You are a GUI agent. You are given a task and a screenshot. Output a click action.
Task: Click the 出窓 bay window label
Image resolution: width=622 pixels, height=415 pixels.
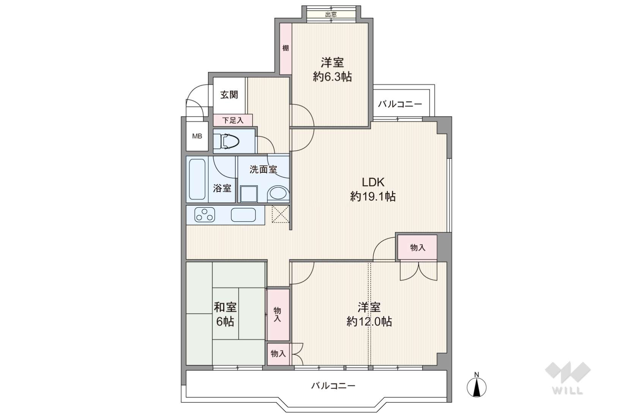(331, 14)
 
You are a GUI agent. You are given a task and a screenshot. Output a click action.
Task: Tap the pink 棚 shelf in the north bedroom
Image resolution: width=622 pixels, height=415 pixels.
(285, 49)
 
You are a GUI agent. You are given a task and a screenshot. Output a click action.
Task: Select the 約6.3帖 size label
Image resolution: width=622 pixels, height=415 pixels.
(332, 77)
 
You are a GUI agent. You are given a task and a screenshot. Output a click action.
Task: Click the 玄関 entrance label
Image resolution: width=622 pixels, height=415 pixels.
(229, 95)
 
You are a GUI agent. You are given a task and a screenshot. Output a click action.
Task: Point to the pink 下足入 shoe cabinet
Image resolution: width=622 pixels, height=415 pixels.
(233, 120)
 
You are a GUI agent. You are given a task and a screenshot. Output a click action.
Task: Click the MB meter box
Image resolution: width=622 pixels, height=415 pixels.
(197, 136)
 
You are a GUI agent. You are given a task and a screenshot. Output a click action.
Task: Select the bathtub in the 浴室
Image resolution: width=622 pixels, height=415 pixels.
(197, 179)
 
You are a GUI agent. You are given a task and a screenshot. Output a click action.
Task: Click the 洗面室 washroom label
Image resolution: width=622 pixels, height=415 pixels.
(263, 169)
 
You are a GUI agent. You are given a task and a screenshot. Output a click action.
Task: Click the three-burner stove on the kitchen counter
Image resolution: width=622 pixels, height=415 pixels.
(205, 215)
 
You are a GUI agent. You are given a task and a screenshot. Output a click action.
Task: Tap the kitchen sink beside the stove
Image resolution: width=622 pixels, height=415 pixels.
(243, 215)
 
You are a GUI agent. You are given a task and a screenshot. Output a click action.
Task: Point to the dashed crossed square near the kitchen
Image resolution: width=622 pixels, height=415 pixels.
(280, 214)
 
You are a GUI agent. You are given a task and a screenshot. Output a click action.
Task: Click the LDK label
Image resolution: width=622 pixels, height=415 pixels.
(373, 182)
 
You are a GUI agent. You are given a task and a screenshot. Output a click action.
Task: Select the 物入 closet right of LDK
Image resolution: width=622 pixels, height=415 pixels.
(417, 247)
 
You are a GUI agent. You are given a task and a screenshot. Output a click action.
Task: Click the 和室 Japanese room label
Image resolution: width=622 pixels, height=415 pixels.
(225, 308)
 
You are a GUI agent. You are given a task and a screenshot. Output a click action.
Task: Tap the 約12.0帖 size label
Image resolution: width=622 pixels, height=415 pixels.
(369, 322)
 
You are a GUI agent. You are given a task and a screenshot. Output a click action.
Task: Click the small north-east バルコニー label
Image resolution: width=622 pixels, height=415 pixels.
(400, 104)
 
